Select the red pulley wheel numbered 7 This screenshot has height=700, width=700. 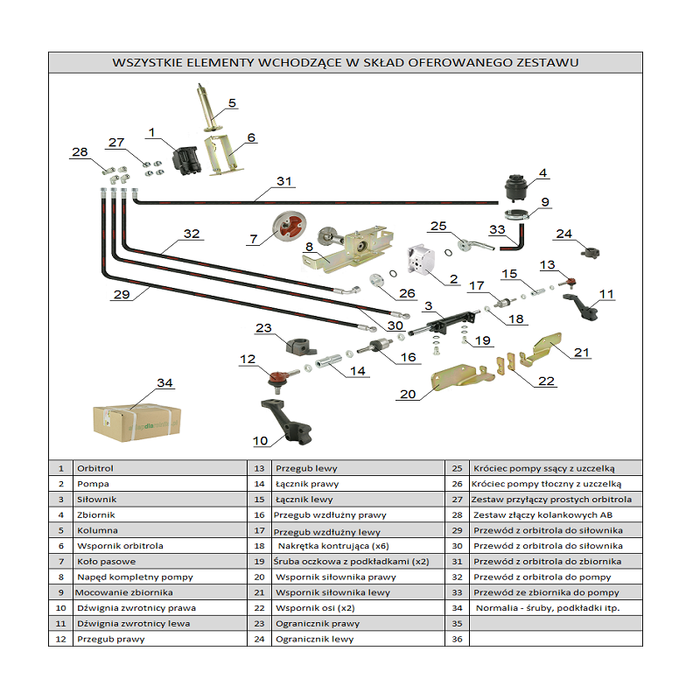tap(286, 229)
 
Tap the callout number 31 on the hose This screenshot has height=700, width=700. tap(283, 182)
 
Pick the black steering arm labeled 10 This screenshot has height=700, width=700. tap(283, 424)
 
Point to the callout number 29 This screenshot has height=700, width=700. tap(121, 295)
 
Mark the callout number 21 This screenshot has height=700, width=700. tap(582, 353)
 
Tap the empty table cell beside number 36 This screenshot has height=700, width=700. tap(556, 640)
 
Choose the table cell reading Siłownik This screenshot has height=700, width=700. tap(91, 500)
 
